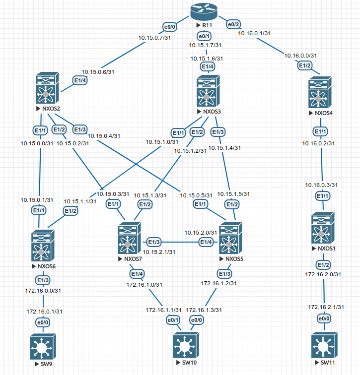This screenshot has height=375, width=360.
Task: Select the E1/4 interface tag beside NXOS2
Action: click(x=80, y=80)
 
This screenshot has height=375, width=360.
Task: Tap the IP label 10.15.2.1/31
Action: click(x=159, y=252)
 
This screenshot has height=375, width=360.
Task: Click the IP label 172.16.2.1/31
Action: click(x=325, y=307)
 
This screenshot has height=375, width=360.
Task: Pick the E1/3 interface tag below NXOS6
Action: click(x=43, y=280)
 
